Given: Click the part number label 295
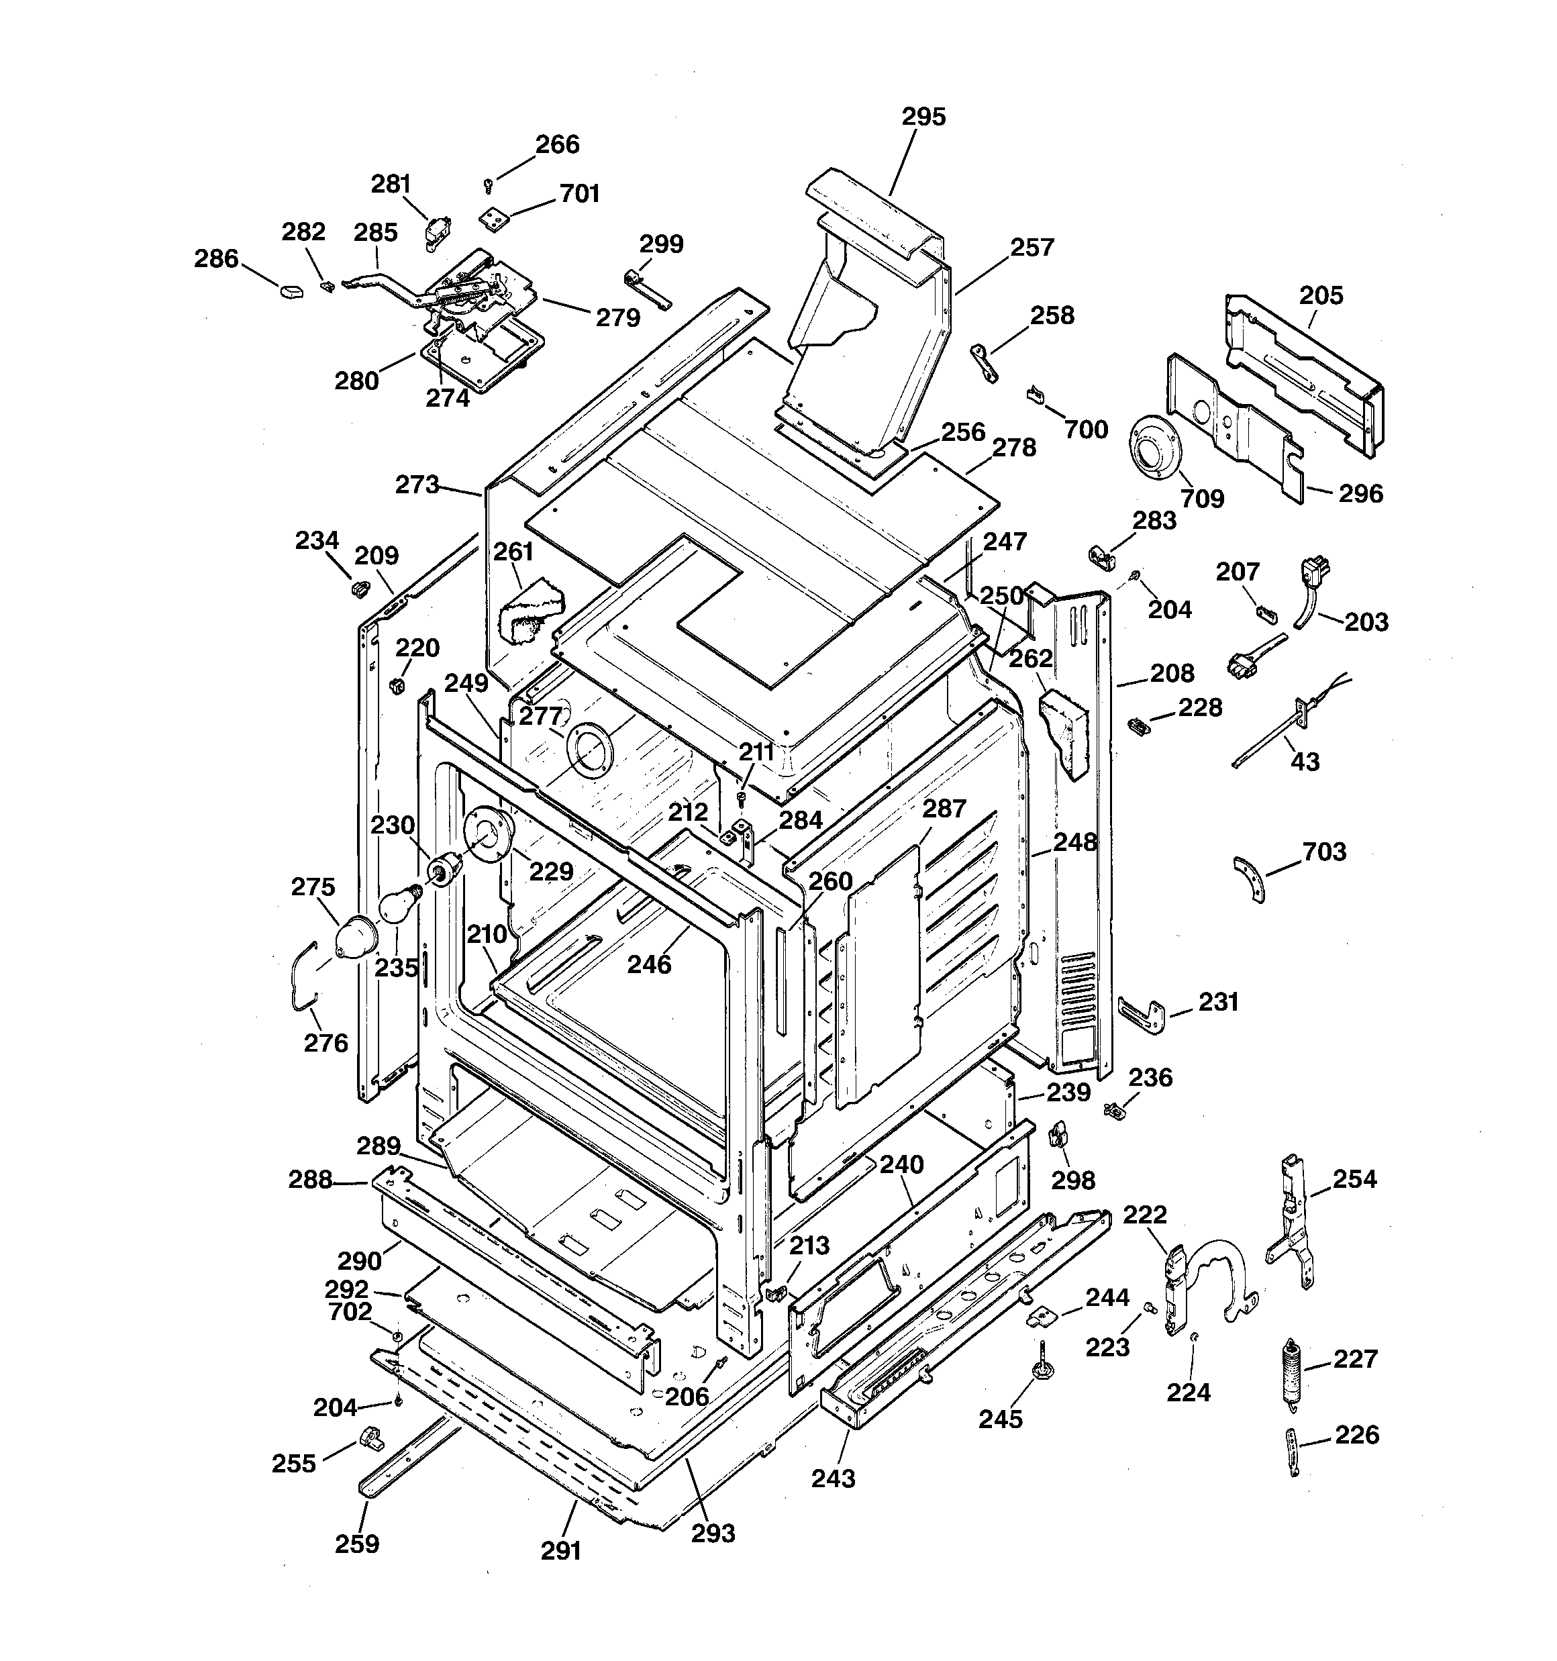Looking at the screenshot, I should tap(923, 116).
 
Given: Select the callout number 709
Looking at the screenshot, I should tap(1203, 498).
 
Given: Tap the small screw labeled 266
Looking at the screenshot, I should tap(489, 185).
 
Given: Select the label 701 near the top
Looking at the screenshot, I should tap(579, 194).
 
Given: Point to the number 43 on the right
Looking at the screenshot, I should tap(1305, 762).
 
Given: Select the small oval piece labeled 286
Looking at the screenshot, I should tap(289, 291).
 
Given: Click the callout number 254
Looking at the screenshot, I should tap(1354, 1179).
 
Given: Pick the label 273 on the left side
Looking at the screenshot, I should tap(416, 485).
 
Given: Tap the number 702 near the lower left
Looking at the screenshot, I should tap(350, 1312).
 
